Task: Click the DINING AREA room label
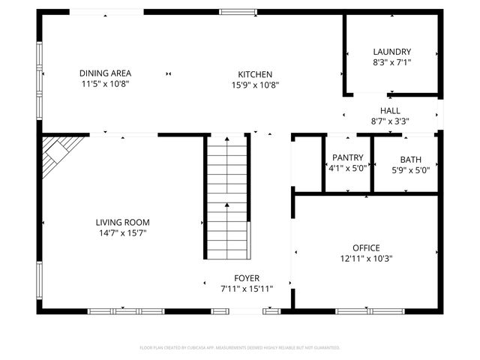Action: tap(105, 73)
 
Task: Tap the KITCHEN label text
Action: tap(255, 74)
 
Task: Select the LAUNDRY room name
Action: tap(391, 52)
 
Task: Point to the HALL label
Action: tap(390, 110)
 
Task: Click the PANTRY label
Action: tap(347, 158)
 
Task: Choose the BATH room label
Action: tap(410, 159)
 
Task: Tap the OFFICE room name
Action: tap(366, 248)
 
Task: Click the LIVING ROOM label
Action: tap(122, 222)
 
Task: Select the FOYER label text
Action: tap(247, 278)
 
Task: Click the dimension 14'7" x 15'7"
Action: tap(122, 233)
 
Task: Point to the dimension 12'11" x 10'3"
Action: tap(366, 259)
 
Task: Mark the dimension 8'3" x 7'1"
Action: tap(391, 63)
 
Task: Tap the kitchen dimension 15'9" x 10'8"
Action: tap(255, 85)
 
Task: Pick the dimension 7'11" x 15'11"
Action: tap(247, 289)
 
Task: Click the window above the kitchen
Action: tap(238, 12)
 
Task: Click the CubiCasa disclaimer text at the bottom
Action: tap(240, 348)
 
